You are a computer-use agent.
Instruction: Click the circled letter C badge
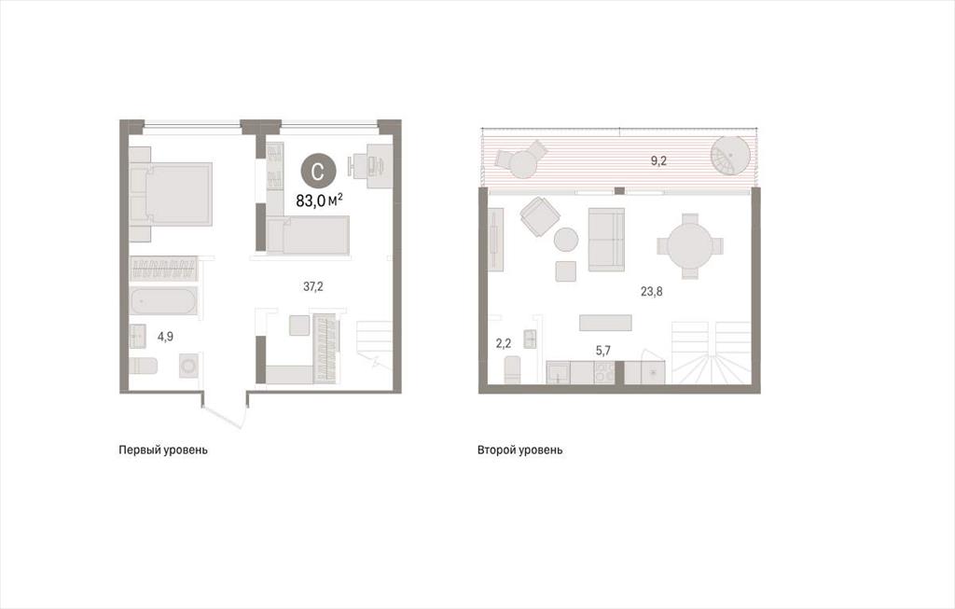[318, 171]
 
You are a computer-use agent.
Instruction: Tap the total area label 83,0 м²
[319, 201]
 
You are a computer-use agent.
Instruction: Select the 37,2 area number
[313, 286]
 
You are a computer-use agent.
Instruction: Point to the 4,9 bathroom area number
[165, 336]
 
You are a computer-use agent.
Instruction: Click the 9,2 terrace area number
[659, 161]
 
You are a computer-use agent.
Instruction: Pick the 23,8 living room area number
[651, 291]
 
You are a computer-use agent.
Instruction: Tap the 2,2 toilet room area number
[503, 343]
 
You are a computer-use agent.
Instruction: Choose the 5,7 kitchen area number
[602, 350]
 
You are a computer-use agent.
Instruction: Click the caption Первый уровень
[163, 450]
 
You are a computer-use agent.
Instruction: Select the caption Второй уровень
[520, 450]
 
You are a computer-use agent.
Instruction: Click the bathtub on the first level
[163, 302]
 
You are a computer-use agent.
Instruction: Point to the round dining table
[690, 246]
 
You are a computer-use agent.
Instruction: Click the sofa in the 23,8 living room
[606, 239]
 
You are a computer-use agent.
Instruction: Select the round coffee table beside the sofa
[566, 240]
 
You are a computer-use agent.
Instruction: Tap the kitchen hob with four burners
[604, 372]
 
